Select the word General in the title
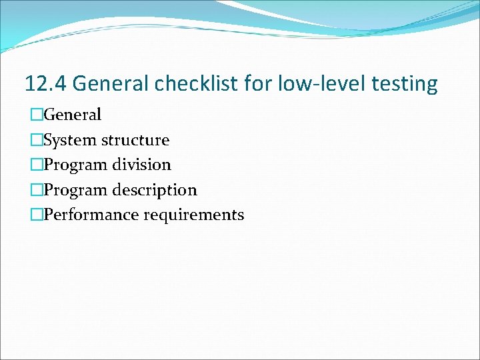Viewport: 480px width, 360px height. pos(111,84)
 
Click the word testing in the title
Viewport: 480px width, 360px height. pos(405,84)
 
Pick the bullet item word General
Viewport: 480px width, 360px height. pos(72,115)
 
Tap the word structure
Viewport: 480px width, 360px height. pos(136,140)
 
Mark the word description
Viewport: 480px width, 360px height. pos(155,190)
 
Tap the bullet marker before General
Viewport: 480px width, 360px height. pos(36,115)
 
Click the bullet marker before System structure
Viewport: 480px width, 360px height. pos(36,140)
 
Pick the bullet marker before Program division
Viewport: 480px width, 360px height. pos(36,165)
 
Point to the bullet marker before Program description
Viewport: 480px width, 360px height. pos(36,190)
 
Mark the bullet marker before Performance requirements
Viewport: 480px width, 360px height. pos(36,215)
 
